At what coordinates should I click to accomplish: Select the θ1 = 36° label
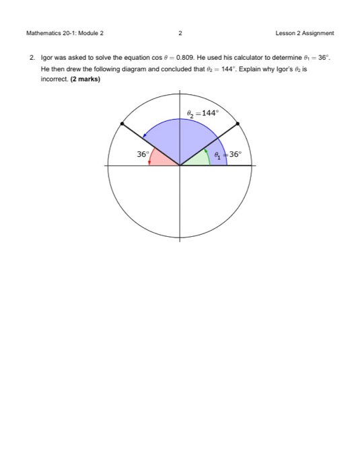(227, 154)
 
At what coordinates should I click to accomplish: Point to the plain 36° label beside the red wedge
(142, 154)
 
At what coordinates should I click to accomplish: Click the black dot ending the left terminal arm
(122, 123)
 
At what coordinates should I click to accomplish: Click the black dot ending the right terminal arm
(238, 123)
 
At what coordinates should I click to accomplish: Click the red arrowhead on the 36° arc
(149, 163)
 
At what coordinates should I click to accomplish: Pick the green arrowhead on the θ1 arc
(207, 150)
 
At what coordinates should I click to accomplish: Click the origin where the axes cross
(180, 165)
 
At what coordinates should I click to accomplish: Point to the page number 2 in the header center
(180, 32)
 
